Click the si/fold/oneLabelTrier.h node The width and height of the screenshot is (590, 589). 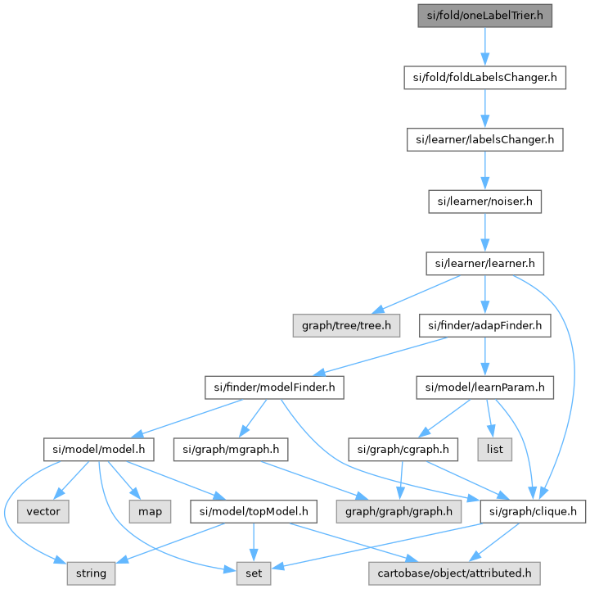click(x=485, y=15)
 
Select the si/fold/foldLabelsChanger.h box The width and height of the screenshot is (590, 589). click(x=485, y=78)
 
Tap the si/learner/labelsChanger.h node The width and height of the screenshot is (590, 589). click(x=485, y=139)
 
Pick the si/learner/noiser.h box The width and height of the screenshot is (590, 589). click(x=485, y=201)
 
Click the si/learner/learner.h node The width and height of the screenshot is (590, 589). click(x=485, y=264)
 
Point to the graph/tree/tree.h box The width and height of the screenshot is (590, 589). click(x=348, y=326)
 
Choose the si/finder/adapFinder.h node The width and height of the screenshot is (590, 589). click(x=485, y=326)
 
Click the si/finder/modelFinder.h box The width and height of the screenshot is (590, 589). click(x=273, y=387)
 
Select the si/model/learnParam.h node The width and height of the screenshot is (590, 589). click(x=484, y=387)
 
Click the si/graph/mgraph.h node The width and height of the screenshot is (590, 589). click(x=231, y=449)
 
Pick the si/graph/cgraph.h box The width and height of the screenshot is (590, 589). click(x=399, y=449)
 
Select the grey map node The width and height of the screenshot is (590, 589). click(x=149, y=511)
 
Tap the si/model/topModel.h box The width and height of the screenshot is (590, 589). click(x=253, y=511)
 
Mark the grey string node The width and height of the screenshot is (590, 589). click(x=91, y=573)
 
